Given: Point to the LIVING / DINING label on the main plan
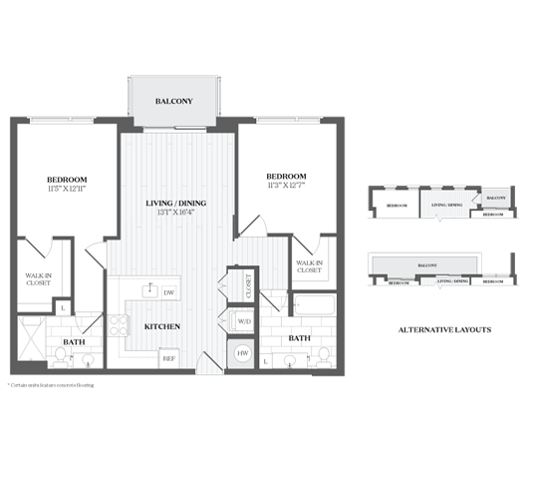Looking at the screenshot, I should click(x=176, y=204).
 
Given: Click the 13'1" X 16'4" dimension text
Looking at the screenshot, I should click(x=176, y=215).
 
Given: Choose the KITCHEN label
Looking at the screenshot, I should click(x=161, y=327).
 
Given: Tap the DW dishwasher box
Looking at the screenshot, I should click(x=169, y=292).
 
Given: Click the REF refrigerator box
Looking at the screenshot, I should click(x=169, y=357).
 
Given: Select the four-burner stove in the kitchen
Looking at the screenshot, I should click(x=120, y=325).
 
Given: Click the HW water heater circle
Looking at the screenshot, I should click(x=242, y=353).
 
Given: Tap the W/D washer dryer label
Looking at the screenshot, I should click(x=242, y=321).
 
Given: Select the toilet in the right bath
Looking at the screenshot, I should click(x=321, y=357).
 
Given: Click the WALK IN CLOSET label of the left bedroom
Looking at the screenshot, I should click(x=37, y=281).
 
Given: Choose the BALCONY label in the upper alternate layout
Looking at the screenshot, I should click(x=495, y=198).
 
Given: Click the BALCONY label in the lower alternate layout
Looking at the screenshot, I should click(x=426, y=265).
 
